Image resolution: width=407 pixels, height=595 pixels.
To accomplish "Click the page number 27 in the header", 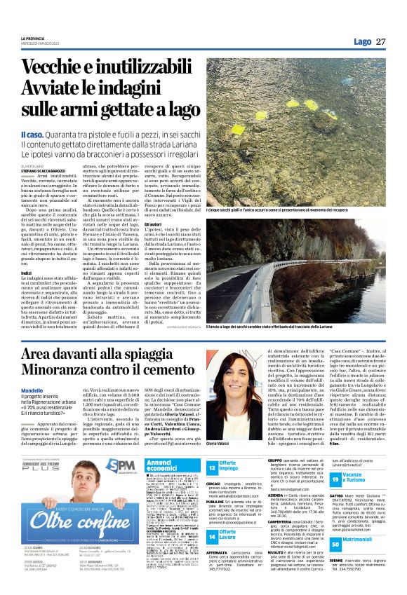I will [381, 42].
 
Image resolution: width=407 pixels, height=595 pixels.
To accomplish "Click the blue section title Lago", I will [363, 42].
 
